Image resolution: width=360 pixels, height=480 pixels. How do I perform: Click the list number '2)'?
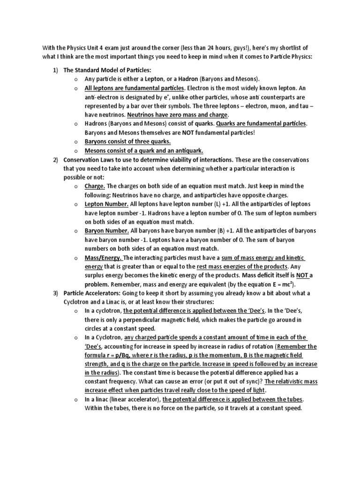(x=55, y=159)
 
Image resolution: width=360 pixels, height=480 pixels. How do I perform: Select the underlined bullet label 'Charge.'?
(x=95, y=186)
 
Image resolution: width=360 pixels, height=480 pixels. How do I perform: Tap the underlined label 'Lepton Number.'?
(x=106, y=204)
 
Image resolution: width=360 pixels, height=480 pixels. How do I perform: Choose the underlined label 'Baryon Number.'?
(x=106, y=231)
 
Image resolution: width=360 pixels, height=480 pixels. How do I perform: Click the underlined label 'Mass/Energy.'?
(x=103, y=257)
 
